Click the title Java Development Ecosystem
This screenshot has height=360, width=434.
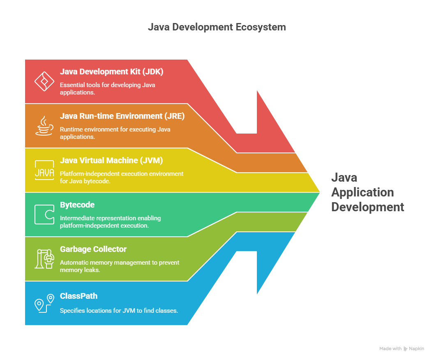pos(217,28)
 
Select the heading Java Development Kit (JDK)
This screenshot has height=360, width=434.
pos(111,72)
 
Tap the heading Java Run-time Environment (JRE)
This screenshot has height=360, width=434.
pos(122,116)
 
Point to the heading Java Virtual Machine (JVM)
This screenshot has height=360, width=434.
pos(111,161)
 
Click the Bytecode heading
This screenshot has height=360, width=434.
pos(77,205)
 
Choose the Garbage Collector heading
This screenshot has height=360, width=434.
pos(93,249)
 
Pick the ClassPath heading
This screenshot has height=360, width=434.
pos(78,296)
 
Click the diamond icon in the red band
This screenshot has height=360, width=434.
pos(44,81)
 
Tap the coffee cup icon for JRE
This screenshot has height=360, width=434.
pos(44,126)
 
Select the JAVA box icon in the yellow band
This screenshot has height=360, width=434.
pos(44,170)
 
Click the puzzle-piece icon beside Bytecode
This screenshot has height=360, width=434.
pos(44,215)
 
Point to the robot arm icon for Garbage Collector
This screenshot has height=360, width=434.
pos(44,259)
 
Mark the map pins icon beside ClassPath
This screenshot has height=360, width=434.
pos(44,303)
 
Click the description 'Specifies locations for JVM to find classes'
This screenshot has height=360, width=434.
pos(119,311)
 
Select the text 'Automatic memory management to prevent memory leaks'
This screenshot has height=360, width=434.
pos(120,266)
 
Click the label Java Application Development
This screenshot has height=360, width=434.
pos(367,192)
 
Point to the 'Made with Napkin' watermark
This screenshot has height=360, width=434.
pos(402,348)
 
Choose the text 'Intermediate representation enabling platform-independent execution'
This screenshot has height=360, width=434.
pos(110,222)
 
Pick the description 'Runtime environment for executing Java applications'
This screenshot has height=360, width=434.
pos(115,133)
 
